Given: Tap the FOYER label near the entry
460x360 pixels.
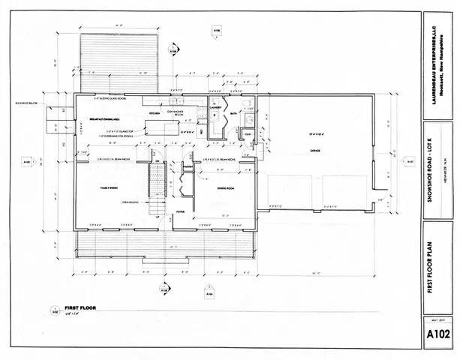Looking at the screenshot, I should click(181, 211).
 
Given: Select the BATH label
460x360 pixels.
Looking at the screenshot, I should click(234, 113).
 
